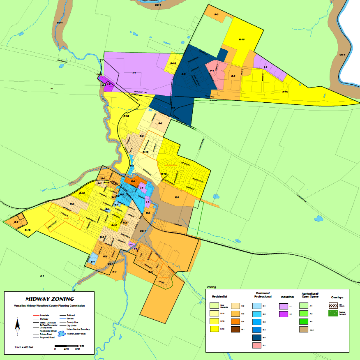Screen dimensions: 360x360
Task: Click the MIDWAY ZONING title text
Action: click(x=50, y=299)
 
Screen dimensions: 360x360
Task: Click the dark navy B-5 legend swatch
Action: click(x=256, y=337)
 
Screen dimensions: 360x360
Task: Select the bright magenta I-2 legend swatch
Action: click(x=284, y=314)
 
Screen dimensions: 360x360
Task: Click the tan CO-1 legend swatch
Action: click(x=303, y=329)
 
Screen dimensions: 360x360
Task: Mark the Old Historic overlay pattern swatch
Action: click(x=333, y=305)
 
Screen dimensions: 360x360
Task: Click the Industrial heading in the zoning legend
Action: click(x=287, y=297)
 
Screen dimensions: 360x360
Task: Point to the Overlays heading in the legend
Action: click(x=337, y=297)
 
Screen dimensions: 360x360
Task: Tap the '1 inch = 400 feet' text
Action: click(x=24, y=348)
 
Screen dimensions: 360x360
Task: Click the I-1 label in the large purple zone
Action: click(x=134, y=73)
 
